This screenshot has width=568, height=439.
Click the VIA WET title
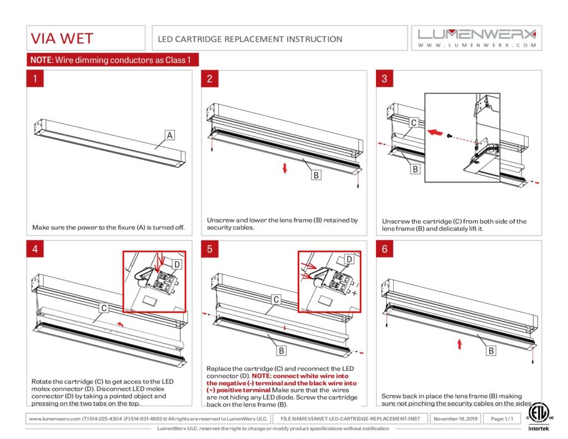coord(62,38)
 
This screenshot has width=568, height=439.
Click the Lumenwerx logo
coord(476,37)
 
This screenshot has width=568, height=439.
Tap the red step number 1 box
coord(35,79)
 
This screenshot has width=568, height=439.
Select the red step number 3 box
coord(384,79)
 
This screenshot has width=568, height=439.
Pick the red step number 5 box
coord(210,249)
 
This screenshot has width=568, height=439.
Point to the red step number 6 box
coord(384,249)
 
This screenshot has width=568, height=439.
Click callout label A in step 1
coord(170,135)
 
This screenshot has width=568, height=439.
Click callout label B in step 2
coord(316,175)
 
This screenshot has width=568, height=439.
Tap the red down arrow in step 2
coord(285,169)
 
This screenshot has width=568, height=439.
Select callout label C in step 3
coord(413,123)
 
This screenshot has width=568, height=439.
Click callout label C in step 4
coord(103,307)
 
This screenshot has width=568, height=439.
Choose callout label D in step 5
coord(349,259)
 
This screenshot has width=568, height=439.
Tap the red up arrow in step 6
coord(459,344)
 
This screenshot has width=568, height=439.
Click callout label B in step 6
coord(491,351)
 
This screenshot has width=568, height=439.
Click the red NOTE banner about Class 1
coord(113,60)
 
